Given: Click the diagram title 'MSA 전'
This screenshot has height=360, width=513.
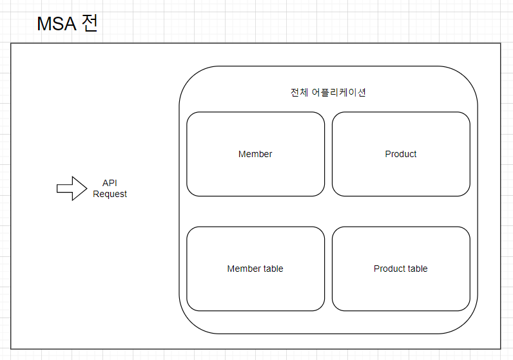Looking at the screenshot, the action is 67,24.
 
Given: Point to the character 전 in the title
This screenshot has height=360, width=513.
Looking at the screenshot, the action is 89,24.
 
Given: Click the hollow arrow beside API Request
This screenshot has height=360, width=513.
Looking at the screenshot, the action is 72,188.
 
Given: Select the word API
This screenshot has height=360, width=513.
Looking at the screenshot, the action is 110,184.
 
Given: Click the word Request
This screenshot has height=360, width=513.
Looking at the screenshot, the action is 110,194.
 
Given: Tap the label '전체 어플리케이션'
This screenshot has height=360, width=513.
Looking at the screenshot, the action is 328,92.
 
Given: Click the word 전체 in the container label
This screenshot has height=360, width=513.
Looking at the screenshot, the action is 299,92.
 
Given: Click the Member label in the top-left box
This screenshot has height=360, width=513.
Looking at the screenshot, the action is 255,154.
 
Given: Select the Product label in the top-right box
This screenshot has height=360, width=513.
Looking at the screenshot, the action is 401,154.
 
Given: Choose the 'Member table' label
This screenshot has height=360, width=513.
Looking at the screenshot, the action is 255,269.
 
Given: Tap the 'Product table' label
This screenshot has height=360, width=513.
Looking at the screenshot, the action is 401,269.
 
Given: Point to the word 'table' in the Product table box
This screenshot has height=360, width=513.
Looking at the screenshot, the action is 416,269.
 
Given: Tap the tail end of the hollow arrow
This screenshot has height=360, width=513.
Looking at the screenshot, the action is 59,188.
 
